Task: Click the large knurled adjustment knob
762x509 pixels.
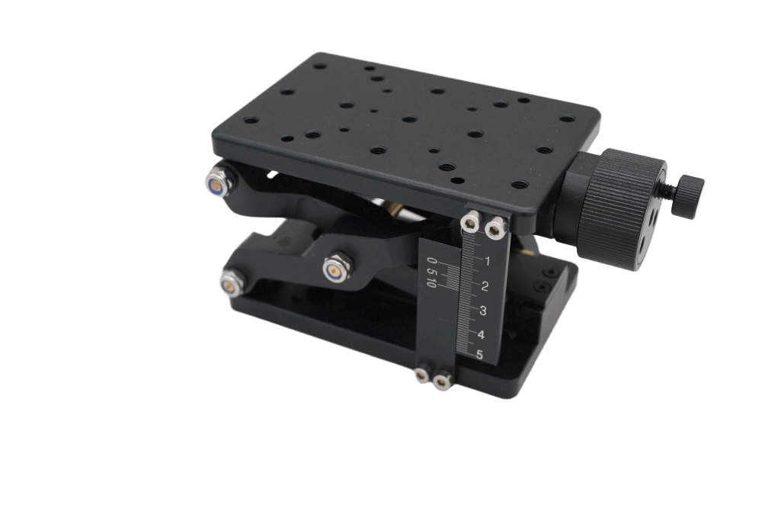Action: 622,209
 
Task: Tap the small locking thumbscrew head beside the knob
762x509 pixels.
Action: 688,196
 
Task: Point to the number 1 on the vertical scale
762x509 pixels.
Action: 488,261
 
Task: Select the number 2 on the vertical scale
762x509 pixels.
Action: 485,286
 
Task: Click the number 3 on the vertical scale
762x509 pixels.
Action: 482,311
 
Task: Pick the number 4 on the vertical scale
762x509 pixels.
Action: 481,335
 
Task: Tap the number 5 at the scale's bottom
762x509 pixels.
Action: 479,355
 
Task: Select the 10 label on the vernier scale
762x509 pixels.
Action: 431,282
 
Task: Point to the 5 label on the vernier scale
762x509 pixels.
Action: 431,270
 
